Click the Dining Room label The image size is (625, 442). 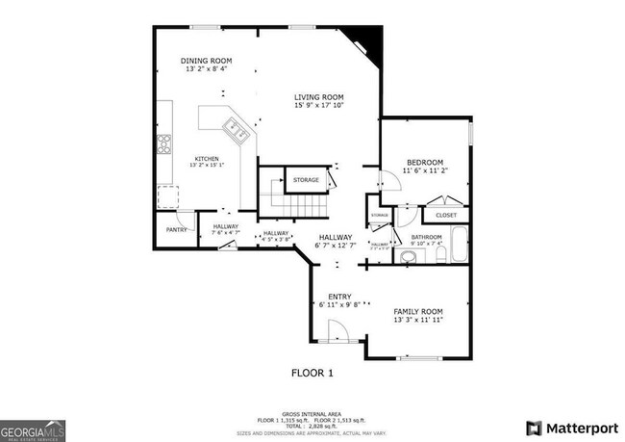pyautogui.click(x=207, y=61)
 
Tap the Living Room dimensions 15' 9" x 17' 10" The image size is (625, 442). pyautogui.click(x=319, y=105)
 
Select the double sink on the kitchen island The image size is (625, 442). pyautogui.click(x=235, y=129)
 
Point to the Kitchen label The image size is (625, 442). pyautogui.click(x=207, y=159)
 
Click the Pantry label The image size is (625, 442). pyautogui.click(x=176, y=230)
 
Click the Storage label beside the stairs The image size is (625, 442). pyautogui.click(x=306, y=180)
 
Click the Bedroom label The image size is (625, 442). pyautogui.click(x=424, y=162)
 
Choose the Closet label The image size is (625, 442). pyautogui.click(x=445, y=215)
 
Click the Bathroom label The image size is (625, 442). pyautogui.click(x=426, y=236)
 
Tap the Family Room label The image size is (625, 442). pyautogui.click(x=417, y=312)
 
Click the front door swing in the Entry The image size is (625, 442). pyautogui.click(x=337, y=332)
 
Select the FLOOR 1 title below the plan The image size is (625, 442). pyautogui.click(x=312, y=371)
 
